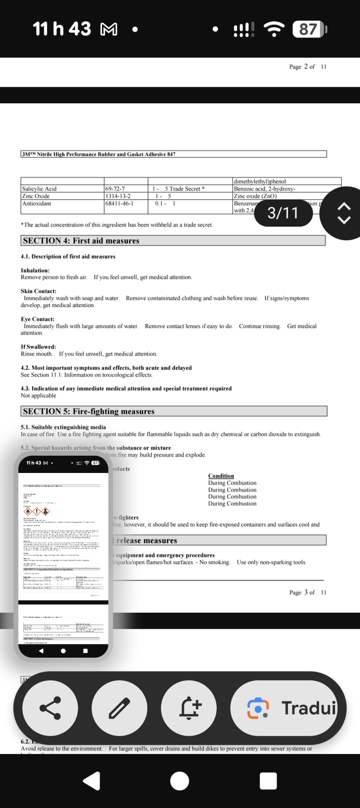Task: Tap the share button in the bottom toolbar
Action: [x=50, y=708]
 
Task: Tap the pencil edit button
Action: [x=119, y=708]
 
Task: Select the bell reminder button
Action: [x=189, y=708]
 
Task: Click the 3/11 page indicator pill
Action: [x=283, y=213]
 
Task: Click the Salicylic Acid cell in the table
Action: [x=39, y=189]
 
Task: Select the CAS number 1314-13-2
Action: [x=118, y=196]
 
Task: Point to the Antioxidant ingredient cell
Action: [x=37, y=204]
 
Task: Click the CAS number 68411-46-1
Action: [x=119, y=204]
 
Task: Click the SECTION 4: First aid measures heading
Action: [x=81, y=241]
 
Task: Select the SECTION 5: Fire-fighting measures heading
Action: [x=88, y=411]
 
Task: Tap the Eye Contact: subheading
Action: [x=37, y=319]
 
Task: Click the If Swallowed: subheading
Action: [x=38, y=347]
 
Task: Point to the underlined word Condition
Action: [x=221, y=476]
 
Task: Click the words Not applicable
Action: [x=38, y=396]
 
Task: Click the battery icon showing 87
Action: [x=309, y=29]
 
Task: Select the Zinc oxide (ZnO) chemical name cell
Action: [x=255, y=196]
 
